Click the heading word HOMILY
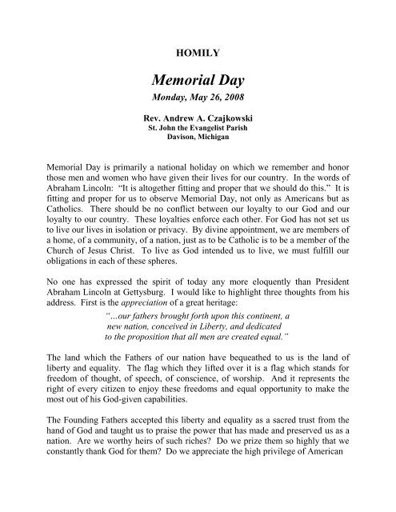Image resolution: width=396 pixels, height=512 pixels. tap(197, 47)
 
